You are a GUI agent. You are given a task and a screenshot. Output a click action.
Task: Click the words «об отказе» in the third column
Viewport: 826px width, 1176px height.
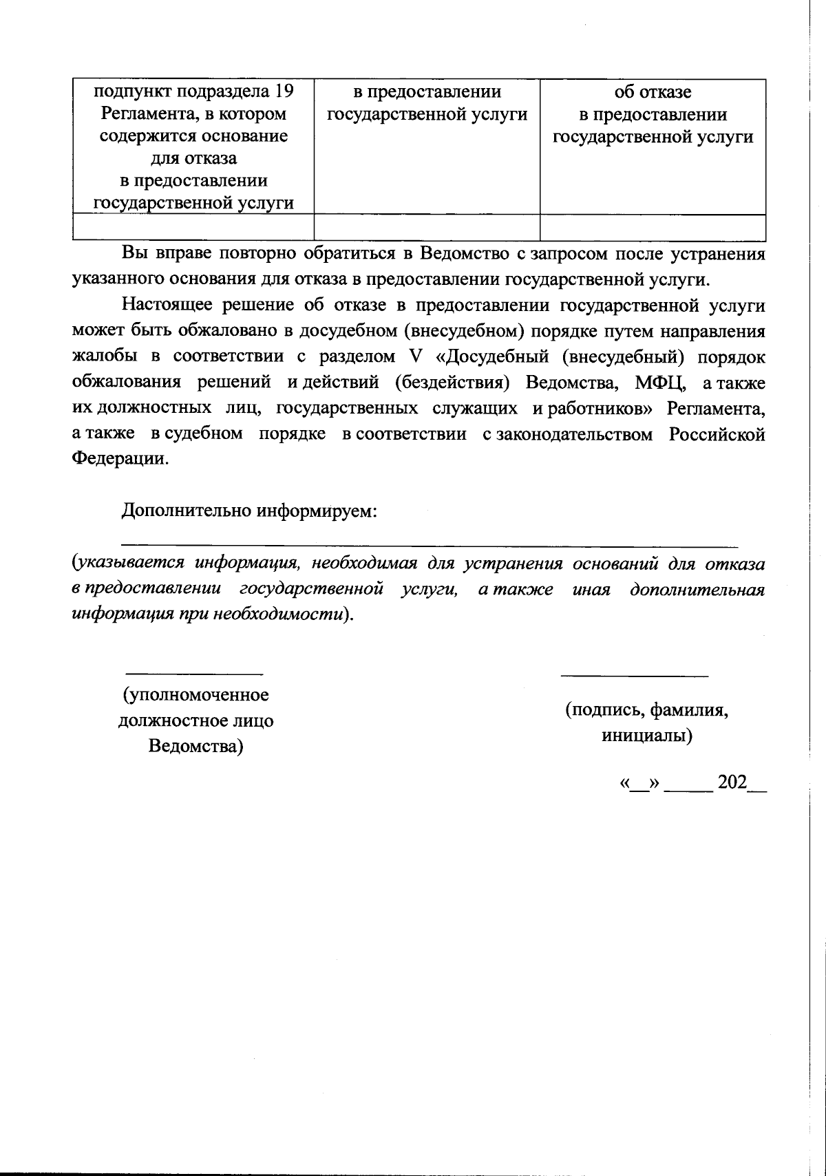pyautogui.click(x=653, y=92)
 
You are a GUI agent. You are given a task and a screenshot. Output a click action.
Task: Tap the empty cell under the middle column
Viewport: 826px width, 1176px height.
pyautogui.click(x=427, y=226)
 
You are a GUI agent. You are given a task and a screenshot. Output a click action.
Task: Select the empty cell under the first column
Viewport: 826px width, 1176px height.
pyautogui.click(x=193, y=226)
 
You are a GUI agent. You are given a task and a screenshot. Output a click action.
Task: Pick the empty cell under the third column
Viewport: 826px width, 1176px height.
pyautogui.click(x=653, y=226)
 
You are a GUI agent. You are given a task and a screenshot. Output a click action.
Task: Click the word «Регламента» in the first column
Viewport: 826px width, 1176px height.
pyautogui.click(x=140, y=114)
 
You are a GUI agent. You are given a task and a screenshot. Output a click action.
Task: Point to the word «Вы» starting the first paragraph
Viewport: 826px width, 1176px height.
pyautogui.click(x=134, y=253)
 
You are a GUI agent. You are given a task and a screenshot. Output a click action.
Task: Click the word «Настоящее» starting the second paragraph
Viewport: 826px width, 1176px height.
pyautogui.click(x=164, y=305)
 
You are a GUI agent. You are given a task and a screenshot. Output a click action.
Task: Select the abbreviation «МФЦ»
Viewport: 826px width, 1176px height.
pyautogui.click(x=655, y=383)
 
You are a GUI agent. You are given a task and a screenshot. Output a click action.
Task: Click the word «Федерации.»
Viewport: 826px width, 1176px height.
pyautogui.click(x=120, y=460)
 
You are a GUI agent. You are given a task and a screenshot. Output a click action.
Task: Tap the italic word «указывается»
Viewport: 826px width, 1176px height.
pyautogui.click(x=129, y=564)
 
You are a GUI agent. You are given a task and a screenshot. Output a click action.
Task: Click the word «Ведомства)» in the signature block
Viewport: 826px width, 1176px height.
pyautogui.click(x=196, y=747)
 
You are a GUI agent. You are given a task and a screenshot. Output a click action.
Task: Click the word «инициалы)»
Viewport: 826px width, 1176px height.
pyautogui.click(x=647, y=736)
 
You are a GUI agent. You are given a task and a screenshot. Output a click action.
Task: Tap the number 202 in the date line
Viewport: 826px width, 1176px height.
pyautogui.click(x=731, y=782)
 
